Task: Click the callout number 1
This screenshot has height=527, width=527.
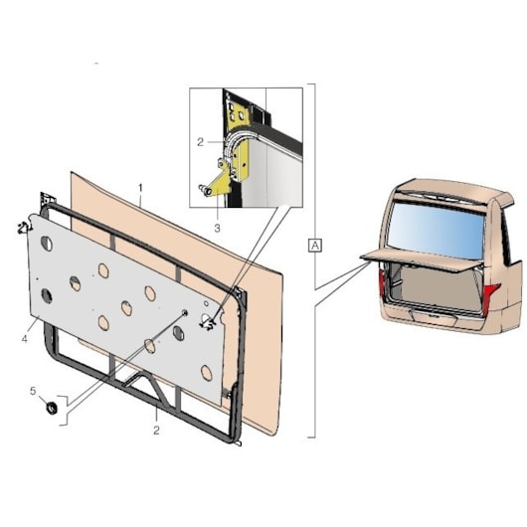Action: point(140,188)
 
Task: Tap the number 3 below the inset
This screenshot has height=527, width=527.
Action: point(217,228)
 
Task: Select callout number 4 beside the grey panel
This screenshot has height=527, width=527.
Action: point(25,339)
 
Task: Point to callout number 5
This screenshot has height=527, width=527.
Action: point(33,391)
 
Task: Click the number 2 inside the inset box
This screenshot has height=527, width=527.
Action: point(200,142)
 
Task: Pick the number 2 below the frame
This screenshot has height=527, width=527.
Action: point(156,431)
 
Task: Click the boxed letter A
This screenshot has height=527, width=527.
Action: point(315,246)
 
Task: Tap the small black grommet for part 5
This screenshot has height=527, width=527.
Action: point(52,408)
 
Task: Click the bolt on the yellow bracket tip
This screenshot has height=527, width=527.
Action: point(204,190)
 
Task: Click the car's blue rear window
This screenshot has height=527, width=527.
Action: point(437,232)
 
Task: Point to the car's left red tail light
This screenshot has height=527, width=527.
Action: point(382,284)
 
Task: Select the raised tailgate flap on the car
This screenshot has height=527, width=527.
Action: point(421,261)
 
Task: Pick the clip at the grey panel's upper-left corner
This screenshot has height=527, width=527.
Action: point(24,228)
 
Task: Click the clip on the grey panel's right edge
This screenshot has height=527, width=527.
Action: point(207,324)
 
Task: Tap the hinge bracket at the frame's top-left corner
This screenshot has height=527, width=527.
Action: point(46,200)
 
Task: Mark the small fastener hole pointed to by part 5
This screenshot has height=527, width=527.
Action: point(185,313)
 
